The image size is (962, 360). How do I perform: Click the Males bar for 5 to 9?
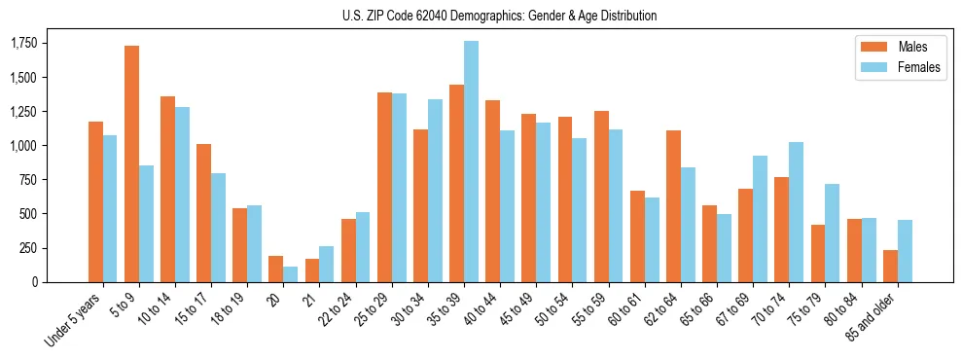131,163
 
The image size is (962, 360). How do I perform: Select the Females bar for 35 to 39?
471,162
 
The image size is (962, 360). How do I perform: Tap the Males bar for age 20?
275,269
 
